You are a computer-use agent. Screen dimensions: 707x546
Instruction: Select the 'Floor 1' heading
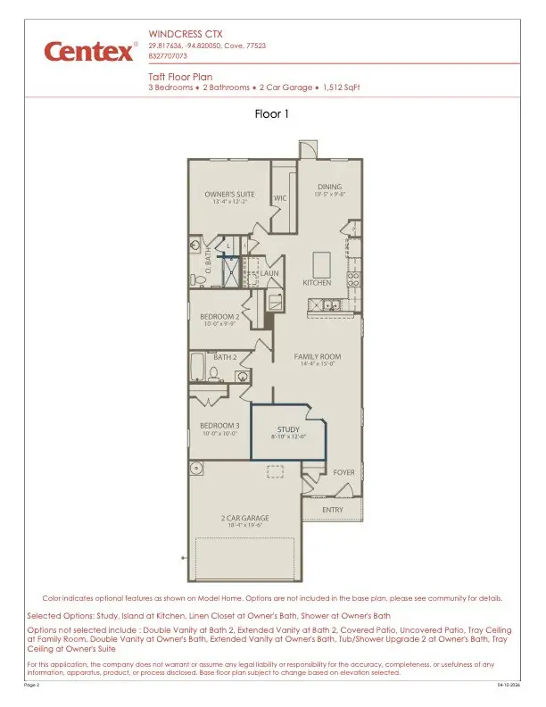tap(272, 114)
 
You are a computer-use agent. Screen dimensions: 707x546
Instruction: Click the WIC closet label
tap(279, 197)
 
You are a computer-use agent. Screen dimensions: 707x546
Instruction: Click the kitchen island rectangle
tap(321, 263)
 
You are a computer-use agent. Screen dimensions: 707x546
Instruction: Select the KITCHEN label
tap(317, 283)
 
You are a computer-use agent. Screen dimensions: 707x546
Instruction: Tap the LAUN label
tap(270, 273)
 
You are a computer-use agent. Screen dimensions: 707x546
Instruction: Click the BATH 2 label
tap(224, 357)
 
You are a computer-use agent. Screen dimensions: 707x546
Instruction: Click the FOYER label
tap(343, 471)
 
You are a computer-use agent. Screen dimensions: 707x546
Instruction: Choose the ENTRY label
tap(333, 509)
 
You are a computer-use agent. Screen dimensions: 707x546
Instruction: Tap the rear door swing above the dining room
tap(307, 148)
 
